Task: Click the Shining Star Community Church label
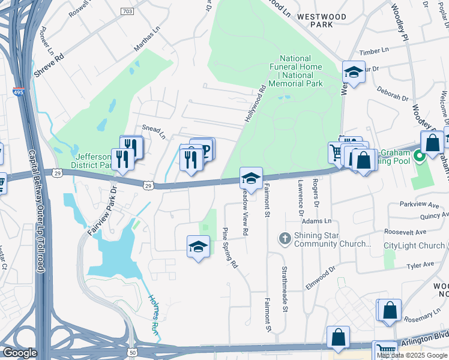333,239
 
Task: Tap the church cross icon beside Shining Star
285,239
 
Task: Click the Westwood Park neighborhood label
322,21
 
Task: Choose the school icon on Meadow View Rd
251,178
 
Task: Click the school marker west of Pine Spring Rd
198,246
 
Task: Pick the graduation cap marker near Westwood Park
354,72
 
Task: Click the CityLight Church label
414,245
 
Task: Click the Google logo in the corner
20,353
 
